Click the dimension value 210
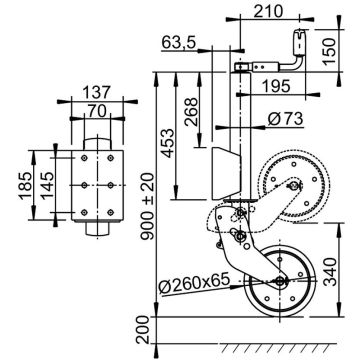point(265,11)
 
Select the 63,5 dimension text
point(181,43)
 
